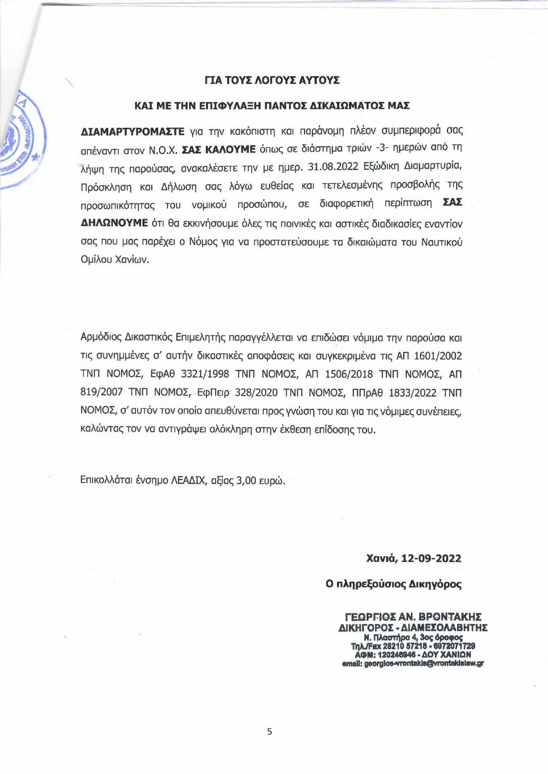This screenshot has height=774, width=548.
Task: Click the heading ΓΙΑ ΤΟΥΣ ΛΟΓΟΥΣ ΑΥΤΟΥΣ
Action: coord(272,81)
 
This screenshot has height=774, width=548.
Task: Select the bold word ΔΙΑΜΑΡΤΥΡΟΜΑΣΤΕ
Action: coord(132,131)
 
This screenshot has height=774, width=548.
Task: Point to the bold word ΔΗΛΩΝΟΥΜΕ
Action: coord(114,223)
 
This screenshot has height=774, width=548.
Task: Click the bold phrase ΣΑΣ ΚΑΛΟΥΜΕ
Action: coord(219,150)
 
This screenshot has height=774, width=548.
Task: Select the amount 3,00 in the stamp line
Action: coord(247,480)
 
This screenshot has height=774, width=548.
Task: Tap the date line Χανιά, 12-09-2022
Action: coord(413,559)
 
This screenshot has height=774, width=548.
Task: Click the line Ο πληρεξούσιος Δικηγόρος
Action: coord(393,584)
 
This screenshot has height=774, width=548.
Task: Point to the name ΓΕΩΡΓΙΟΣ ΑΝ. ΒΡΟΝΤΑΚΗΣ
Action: coord(413,617)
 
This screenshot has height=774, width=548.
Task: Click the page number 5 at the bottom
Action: coord(270,732)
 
